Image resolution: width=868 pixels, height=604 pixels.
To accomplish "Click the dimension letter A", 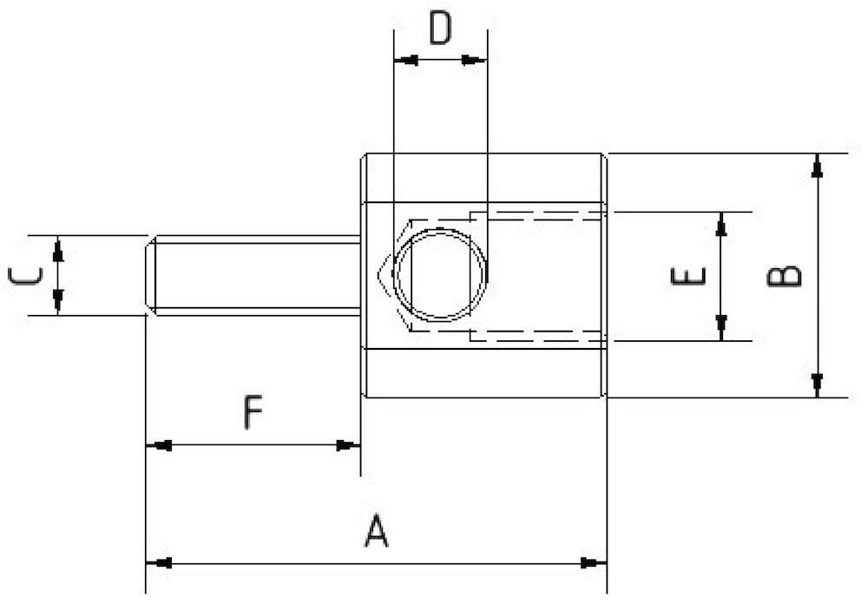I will (375, 531).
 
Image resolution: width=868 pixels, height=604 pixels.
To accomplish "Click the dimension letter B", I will (786, 276).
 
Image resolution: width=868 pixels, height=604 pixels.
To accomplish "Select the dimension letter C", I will (25, 276).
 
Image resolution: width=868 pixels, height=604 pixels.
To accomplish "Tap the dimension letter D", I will (440, 29).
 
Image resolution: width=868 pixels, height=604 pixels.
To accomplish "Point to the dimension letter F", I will (252, 413).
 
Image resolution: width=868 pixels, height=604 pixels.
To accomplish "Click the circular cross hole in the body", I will (440, 274).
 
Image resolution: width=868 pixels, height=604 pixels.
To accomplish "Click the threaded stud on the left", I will (252, 274).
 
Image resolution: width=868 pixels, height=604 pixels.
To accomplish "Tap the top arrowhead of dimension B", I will (816, 165).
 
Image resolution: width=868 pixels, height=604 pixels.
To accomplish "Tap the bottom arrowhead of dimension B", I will (816, 386).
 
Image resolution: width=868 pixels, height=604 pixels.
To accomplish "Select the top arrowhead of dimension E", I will (720, 223).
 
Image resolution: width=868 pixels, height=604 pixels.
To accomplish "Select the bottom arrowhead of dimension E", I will (720, 329).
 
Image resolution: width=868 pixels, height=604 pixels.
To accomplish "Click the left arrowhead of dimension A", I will (158, 563).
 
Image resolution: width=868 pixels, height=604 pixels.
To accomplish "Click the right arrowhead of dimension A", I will (594, 563).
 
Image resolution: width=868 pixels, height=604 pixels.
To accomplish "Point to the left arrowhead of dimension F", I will (158, 445).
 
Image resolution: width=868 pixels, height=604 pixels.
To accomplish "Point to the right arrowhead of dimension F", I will (348, 445).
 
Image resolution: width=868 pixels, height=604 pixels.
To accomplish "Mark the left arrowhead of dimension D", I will (406, 61).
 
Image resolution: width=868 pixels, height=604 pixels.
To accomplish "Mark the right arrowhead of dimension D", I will (475, 61).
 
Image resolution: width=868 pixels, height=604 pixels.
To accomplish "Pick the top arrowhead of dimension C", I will (57, 248).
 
